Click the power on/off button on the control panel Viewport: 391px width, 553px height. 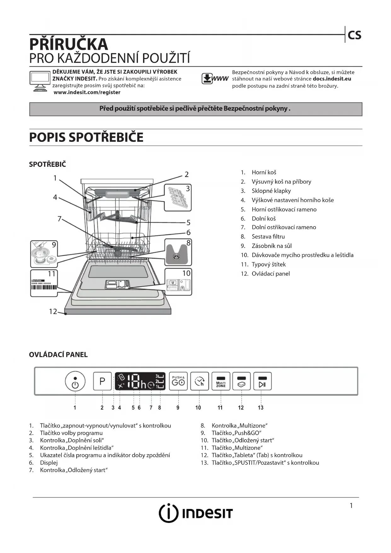click(x=75, y=381)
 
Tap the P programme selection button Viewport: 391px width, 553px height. click(x=102, y=381)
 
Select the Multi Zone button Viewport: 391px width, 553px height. click(x=221, y=381)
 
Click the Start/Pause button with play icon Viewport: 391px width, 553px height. click(x=262, y=381)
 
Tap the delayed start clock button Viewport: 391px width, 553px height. click(x=199, y=381)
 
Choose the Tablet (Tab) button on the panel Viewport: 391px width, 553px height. click(x=242, y=381)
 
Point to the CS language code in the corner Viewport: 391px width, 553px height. click(x=354, y=35)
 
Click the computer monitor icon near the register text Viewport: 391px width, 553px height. click(x=40, y=81)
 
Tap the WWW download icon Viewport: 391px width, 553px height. click(x=215, y=79)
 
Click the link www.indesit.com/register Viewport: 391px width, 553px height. click(x=87, y=92)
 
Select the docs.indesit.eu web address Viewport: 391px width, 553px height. click(x=332, y=79)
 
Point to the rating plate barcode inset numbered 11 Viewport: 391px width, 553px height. click(x=44, y=283)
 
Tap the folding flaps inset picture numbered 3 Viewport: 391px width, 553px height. click(x=178, y=198)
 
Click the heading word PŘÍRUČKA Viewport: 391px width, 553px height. click(x=69, y=44)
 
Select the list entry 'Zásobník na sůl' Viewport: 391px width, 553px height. click(x=272, y=246)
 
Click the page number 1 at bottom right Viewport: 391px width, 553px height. click(x=351, y=506)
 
